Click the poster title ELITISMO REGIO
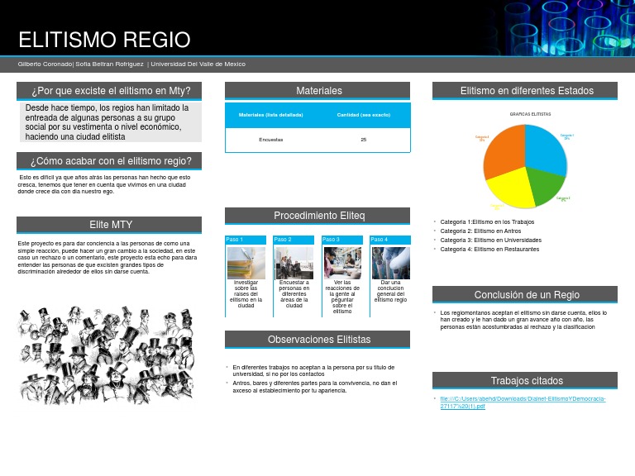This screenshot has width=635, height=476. coord(104,40)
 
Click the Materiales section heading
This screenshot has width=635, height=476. coord(318,91)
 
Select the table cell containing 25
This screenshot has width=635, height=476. coord(364,140)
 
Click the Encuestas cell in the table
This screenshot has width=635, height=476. coord(271,140)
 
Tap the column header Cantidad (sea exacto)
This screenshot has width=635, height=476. coord(364,115)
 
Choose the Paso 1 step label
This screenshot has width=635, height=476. coord(235,240)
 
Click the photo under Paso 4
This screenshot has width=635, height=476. coord(390,263)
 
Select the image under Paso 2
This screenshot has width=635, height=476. coord(294,263)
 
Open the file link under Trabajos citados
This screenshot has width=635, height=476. coord(523,402)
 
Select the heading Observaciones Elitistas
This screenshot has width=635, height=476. coord(318,340)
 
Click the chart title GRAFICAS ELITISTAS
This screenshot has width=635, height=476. coord(530,114)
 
